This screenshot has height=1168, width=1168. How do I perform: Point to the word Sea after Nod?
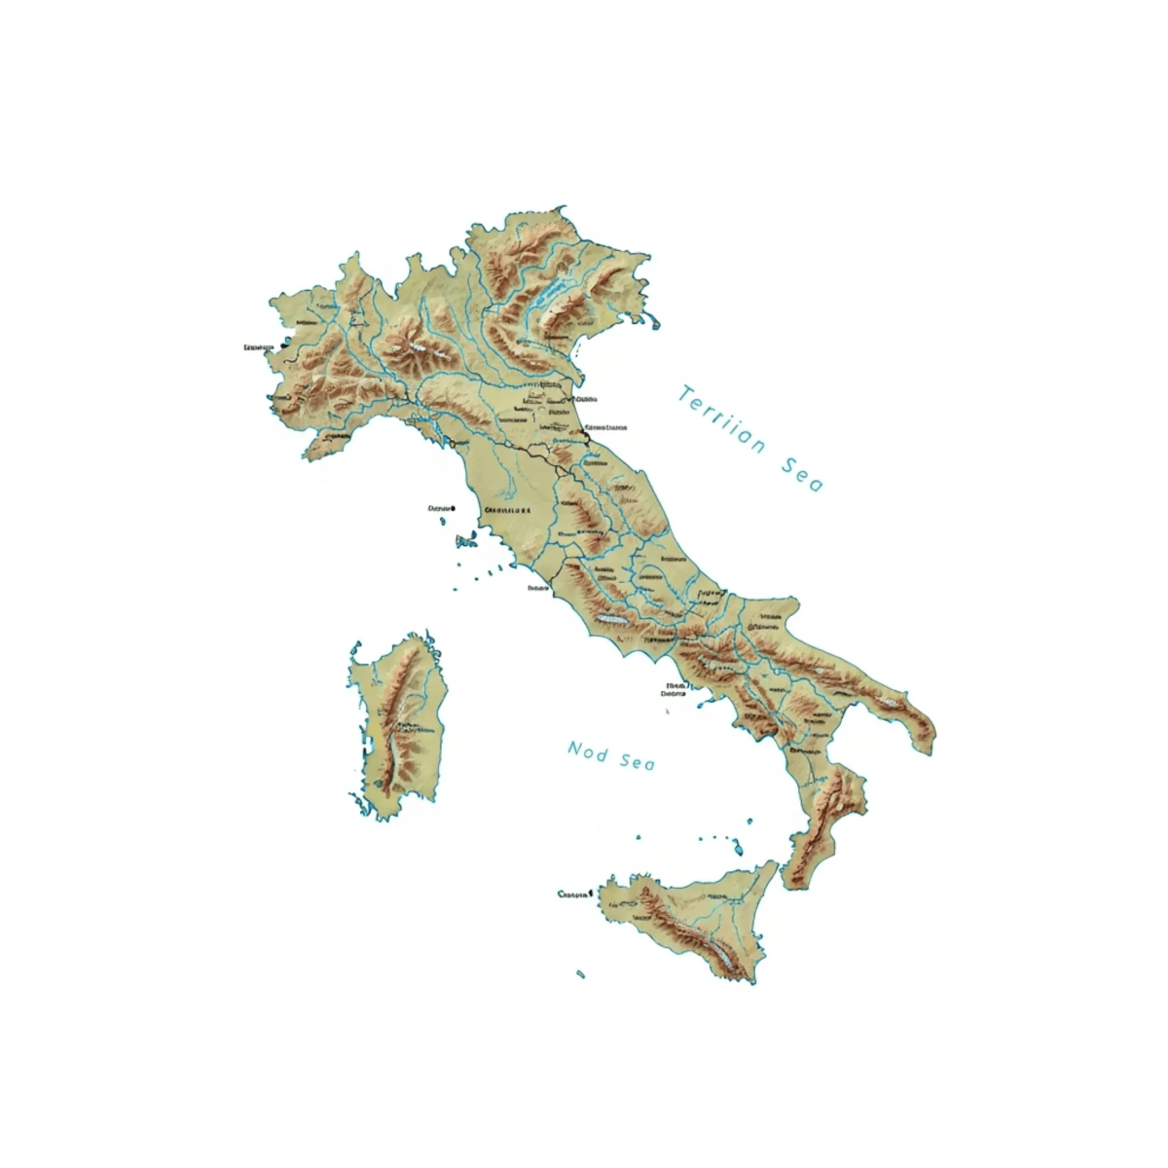point(637,760)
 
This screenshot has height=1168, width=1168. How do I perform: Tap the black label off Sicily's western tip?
point(574,893)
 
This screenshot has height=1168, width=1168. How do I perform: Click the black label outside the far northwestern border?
point(257,347)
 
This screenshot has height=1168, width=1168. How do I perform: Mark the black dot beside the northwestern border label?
point(281,347)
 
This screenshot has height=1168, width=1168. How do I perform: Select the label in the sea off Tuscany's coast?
point(441,508)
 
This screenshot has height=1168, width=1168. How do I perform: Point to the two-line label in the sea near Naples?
point(674,690)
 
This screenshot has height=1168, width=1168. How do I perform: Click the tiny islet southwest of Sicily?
point(581,972)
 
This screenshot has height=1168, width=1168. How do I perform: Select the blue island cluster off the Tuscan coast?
point(465,541)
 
